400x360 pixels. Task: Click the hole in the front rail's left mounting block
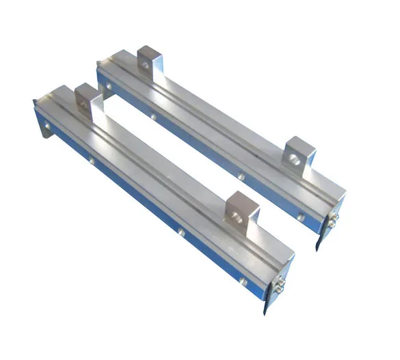tap(88, 100)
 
